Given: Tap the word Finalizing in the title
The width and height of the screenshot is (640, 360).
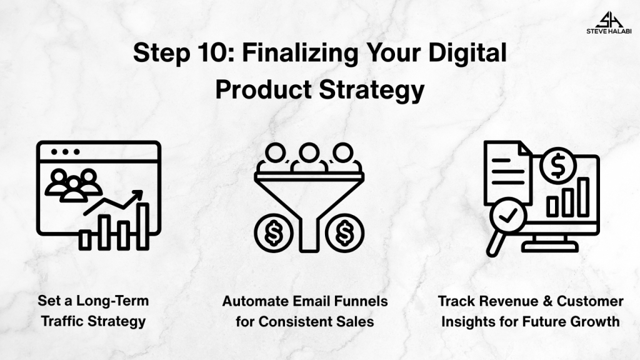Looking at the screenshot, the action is [300, 54].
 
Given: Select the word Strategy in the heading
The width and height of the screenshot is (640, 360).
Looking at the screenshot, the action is [372, 91].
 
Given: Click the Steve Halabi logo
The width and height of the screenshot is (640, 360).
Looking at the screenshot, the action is [609, 22].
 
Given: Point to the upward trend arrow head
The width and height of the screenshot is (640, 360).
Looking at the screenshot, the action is [137, 196].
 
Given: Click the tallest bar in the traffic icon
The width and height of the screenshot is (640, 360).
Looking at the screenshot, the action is [143, 226].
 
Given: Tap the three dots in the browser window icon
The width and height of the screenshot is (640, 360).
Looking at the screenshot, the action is [65, 152].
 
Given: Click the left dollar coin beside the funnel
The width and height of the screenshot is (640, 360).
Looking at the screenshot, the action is [274, 233].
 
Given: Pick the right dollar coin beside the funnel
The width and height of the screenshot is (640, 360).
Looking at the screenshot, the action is [344, 233].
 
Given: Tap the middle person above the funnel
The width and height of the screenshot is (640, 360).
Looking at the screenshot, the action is [309, 157].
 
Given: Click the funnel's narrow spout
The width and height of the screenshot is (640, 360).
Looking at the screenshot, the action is [309, 235].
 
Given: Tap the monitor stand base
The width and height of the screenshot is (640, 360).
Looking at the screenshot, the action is [550, 246].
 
